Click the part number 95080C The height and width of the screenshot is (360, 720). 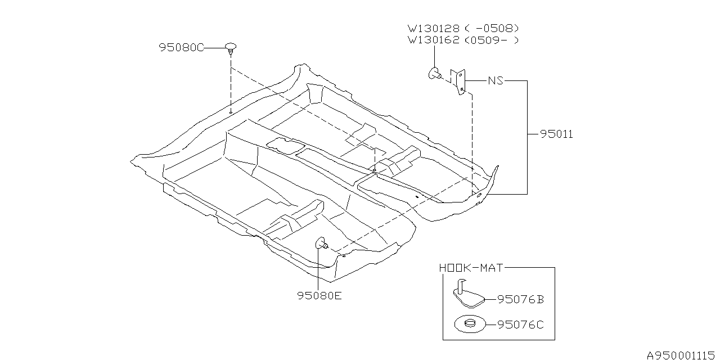tap(181, 48)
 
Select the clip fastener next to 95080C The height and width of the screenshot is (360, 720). tap(231, 48)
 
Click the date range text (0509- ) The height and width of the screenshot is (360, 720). tap(492, 40)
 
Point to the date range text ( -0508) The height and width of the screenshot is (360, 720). tap(492, 28)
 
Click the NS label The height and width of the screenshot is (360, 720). tap(495, 80)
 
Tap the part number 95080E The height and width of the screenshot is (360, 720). tap(319, 295)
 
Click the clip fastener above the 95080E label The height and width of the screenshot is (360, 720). tap(322, 244)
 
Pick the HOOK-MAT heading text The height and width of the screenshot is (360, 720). tap(471, 268)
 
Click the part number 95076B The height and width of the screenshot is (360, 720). tap(520, 300)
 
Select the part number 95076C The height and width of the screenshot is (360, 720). tap(520, 325)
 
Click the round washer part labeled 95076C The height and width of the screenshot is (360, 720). tap(469, 325)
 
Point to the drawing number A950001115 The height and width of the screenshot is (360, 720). tap(682, 354)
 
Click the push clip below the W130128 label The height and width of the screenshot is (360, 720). tap(435, 74)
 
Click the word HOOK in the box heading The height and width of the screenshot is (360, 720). tap(454, 268)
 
